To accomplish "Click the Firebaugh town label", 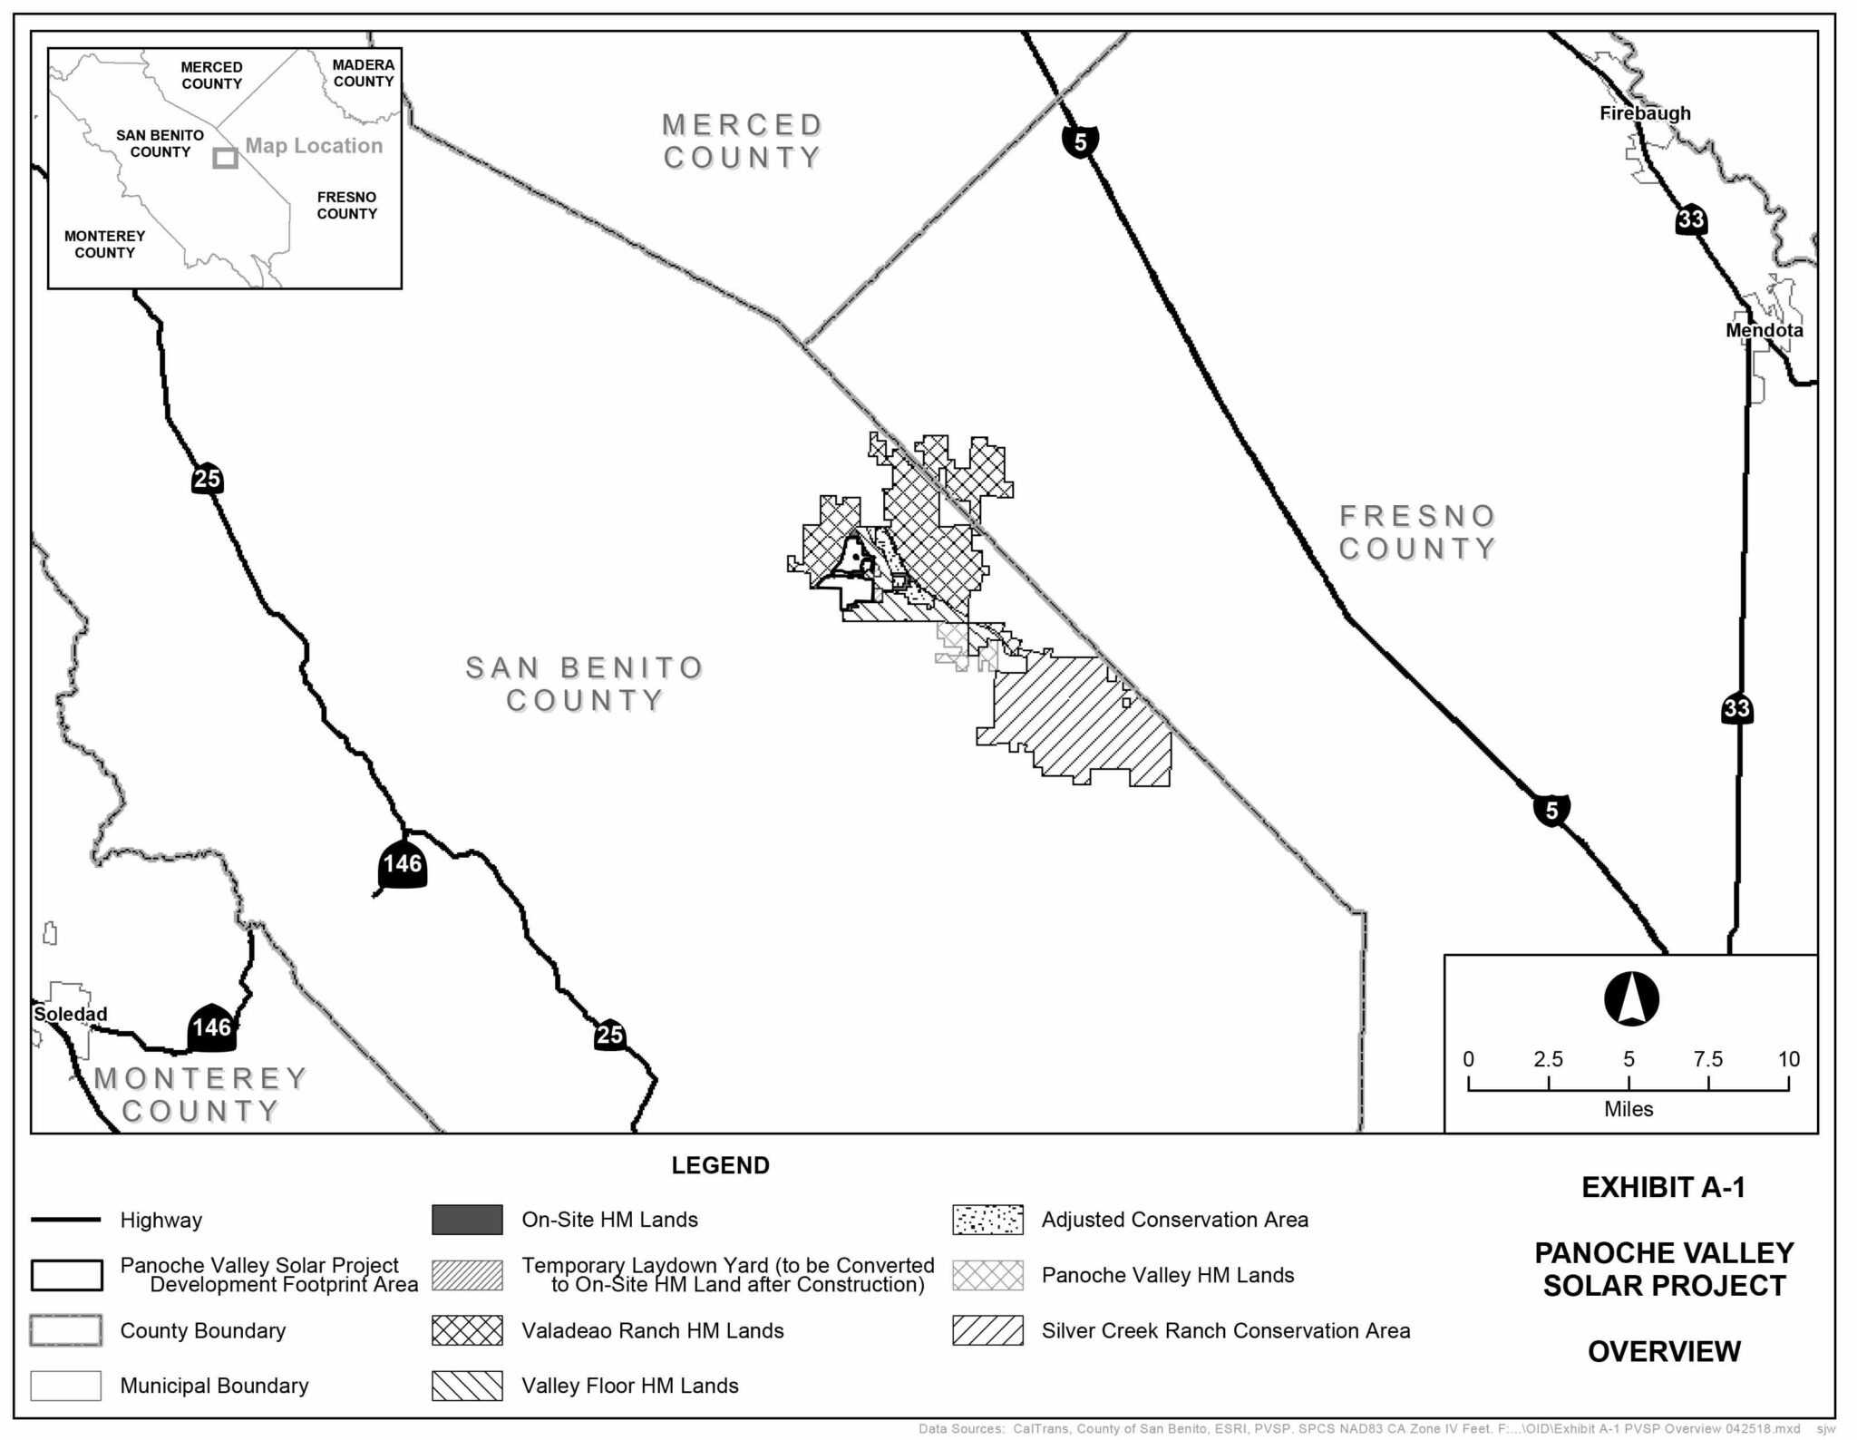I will point(1645,113).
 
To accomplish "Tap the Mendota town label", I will point(1764,330).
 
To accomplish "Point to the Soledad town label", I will point(70,1014).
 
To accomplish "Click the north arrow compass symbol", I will point(1631,999).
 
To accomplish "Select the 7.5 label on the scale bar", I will point(1707,1059).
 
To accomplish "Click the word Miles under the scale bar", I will point(1629,1109).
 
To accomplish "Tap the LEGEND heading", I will point(720,1165).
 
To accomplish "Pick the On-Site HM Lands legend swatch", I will point(467,1220).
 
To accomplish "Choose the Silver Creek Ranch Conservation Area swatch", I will point(987,1330).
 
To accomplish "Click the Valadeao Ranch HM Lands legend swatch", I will point(467,1330).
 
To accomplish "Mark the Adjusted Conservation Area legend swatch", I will point(987,1220).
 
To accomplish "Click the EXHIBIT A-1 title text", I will point(1663,1187).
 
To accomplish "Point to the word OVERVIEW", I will point(1664,1351).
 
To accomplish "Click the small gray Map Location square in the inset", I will point(225,158).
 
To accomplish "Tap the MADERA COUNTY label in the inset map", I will point(364,73).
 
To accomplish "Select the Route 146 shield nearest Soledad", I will point(212,1027).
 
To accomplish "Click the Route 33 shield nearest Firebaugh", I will point(1691,219).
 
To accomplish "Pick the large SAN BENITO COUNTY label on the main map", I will point(585,684).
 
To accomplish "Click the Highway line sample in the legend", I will point(65,1220).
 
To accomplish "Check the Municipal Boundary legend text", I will point(214,1386).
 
